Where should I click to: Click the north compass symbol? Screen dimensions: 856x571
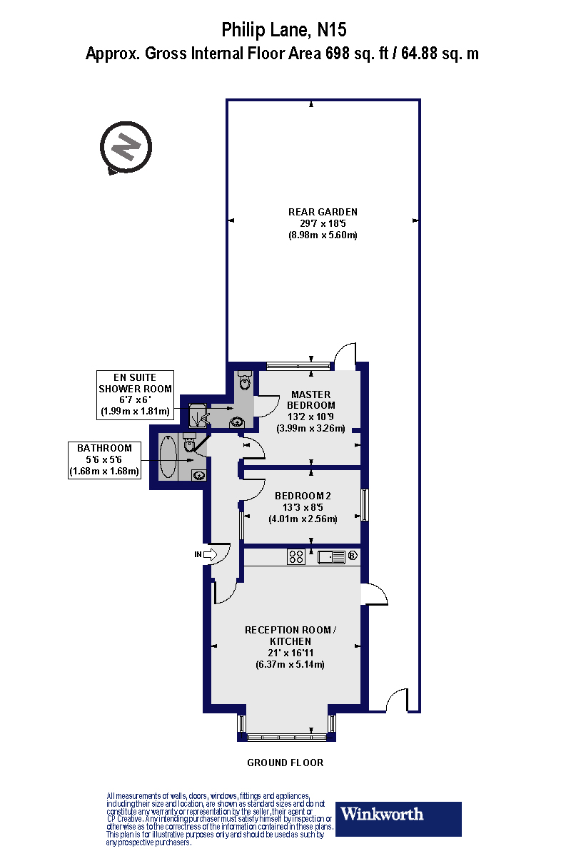point(126,147)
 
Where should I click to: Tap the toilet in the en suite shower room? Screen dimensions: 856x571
point(245,382)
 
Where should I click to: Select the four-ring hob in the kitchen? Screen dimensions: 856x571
point(297,556)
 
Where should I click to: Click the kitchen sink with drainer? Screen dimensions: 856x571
point(332,556)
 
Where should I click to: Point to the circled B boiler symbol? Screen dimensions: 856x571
point(352,556)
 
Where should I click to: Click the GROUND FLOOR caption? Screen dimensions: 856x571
point(285,763)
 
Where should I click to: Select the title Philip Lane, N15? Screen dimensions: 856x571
point(285,30)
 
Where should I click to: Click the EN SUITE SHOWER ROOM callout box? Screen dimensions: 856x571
point(135,394)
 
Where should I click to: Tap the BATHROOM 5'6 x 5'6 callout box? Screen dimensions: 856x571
point(104,460)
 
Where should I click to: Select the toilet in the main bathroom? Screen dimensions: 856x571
point(190,444)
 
